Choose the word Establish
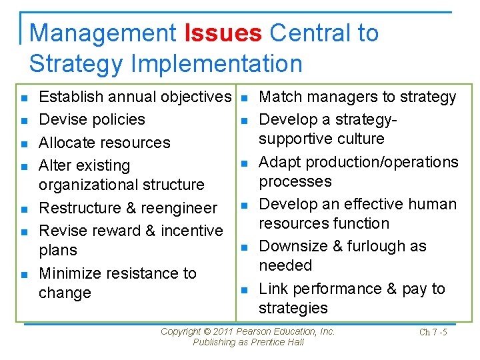tap(70, 97)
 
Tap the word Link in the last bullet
tap(273, 289)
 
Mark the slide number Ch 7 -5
tap(433, 333)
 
